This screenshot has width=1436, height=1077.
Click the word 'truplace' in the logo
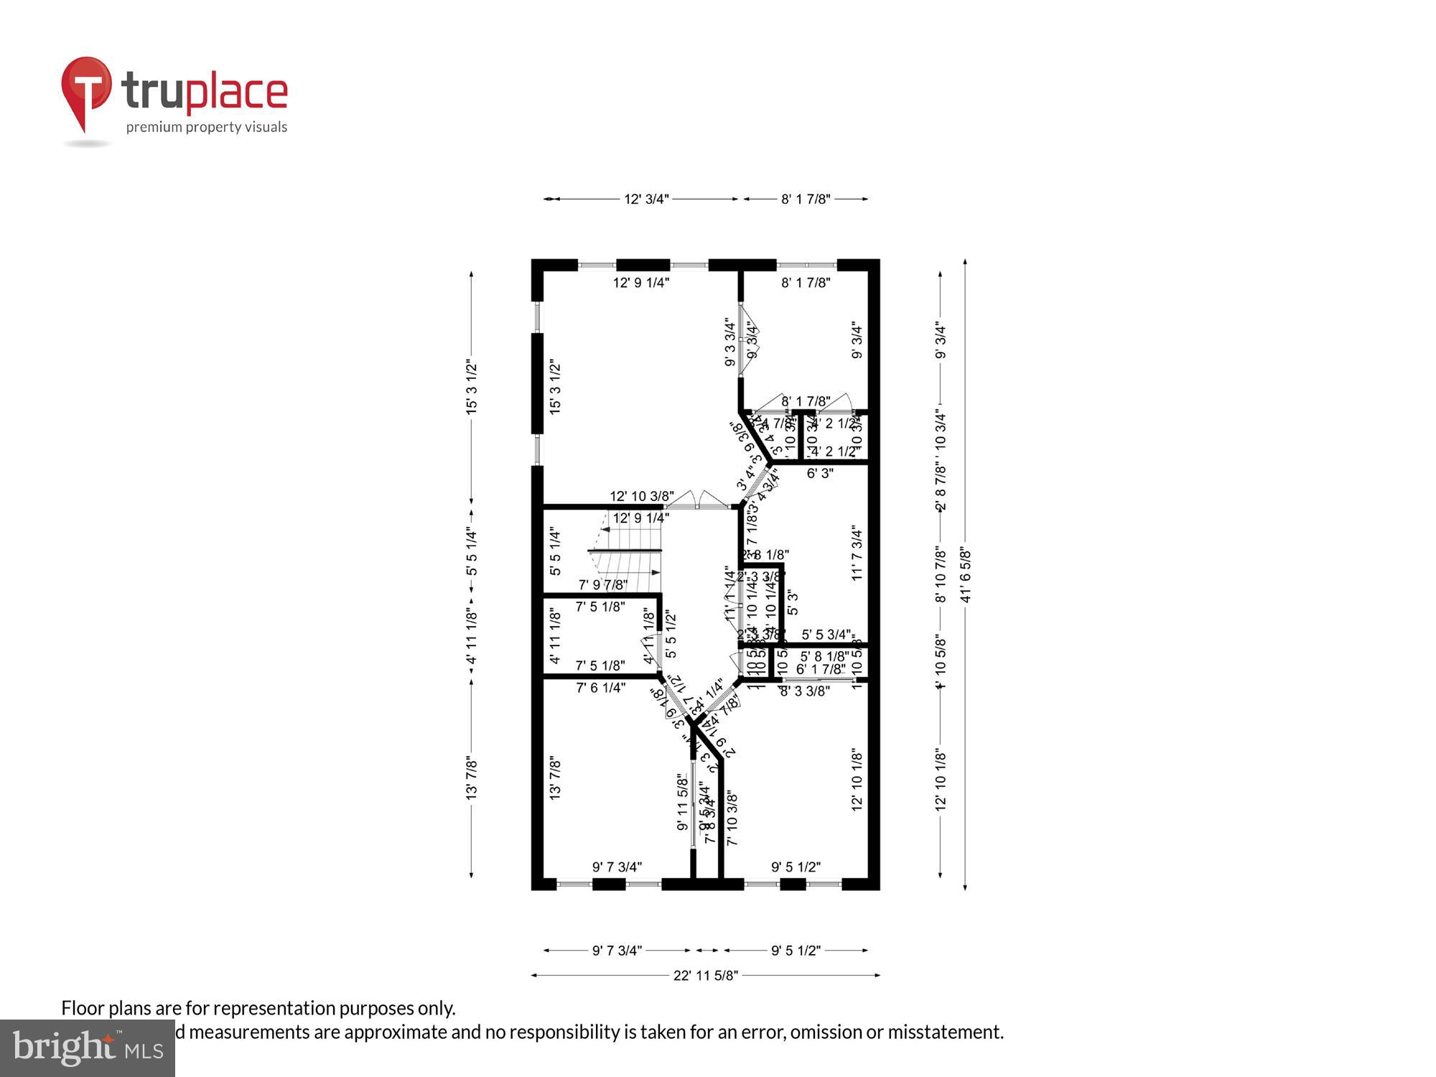tap(205, 92)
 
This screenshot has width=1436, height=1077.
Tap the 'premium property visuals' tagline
tap(207, 128)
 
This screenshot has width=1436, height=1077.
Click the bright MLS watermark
tap(88, 1048)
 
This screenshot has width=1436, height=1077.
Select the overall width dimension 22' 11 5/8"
tap(705, 975)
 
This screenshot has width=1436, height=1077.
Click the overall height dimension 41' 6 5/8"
tap(965, 575)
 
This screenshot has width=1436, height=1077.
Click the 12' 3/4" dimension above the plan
tap(645, 199)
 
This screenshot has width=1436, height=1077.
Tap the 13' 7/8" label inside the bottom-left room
tap(555, 778)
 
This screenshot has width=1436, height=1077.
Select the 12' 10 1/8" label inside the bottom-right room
tap(857, 780)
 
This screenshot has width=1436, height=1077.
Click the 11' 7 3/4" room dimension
tap(857, 553)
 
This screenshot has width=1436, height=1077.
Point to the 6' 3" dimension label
tap(819, 474)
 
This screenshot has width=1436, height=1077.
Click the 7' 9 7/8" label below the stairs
tap(603, 585)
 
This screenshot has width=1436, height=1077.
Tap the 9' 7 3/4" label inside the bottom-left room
tap(617, 867)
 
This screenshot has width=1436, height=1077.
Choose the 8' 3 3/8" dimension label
tap(805, 691)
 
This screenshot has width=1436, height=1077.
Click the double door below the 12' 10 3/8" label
tap(697, 500)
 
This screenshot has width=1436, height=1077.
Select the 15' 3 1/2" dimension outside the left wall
tap(472, 387)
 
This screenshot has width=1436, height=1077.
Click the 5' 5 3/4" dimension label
tap(826, 635)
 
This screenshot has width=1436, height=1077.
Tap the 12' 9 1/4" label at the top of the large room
tap(641, 283)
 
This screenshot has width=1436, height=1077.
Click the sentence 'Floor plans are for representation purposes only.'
tap(258, 1008)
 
